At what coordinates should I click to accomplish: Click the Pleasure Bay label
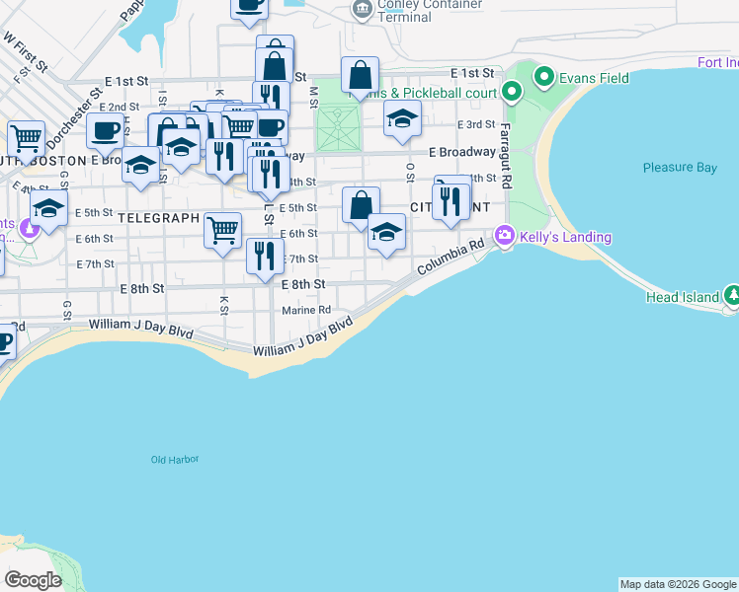click(680, 168)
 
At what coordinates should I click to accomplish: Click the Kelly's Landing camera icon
click(506, 235)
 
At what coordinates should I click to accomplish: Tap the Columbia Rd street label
click(450, 257)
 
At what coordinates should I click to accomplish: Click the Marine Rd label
click(305, 310)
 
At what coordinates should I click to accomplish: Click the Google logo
click(33, 580)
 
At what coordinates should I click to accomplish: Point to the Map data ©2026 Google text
click(678, 584)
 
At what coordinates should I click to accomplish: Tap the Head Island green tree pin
click(732, 295)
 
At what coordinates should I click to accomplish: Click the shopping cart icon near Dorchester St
click(26, 138)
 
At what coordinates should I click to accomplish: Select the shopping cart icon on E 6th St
click(223, 229)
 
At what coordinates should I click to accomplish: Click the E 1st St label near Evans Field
click(471, 74)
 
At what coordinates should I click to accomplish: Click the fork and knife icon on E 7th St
click(265, 256)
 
